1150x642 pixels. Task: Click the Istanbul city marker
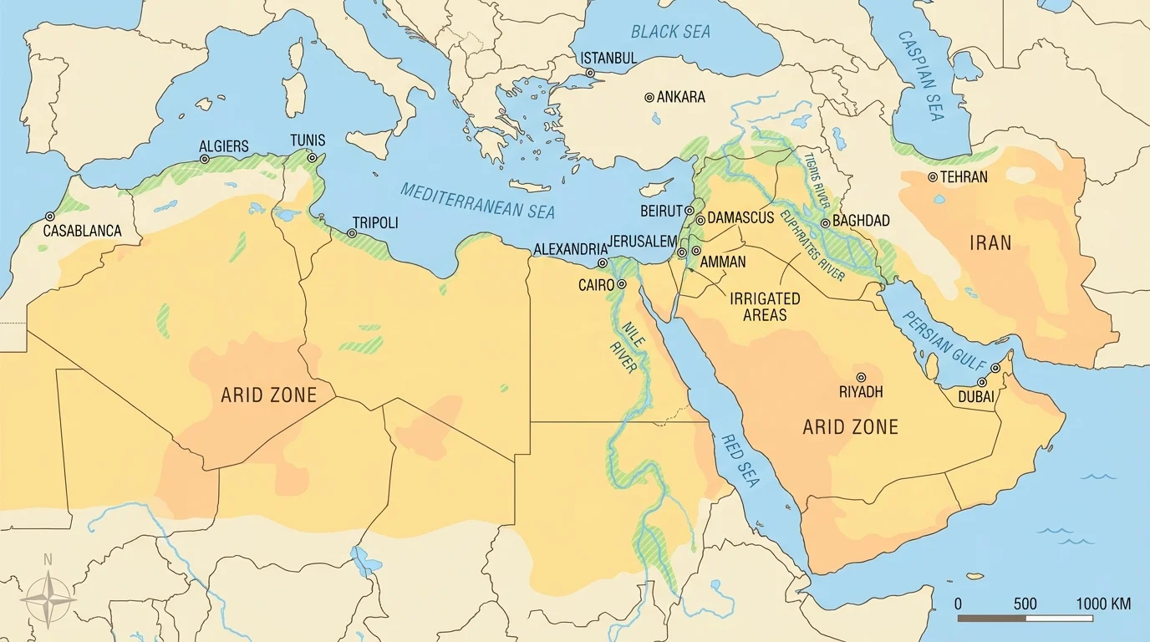(590, 73)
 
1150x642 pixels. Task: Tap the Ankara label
(680, 97)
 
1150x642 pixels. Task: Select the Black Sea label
(670, 32)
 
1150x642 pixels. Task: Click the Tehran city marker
(933, 177)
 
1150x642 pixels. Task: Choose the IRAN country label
(990, 243)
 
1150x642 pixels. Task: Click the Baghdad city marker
(826, 223)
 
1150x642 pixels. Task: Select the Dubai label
(976, 397)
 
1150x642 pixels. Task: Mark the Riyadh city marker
(861, 377)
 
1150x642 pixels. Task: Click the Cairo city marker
(622, 284)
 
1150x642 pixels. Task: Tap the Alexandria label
(569, 249)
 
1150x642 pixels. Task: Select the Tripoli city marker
(352, 233)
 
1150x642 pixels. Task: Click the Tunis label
(308, 140)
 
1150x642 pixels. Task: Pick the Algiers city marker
(205, 159)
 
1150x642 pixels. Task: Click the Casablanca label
(82, 231)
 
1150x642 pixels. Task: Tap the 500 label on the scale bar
(1025, 604)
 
